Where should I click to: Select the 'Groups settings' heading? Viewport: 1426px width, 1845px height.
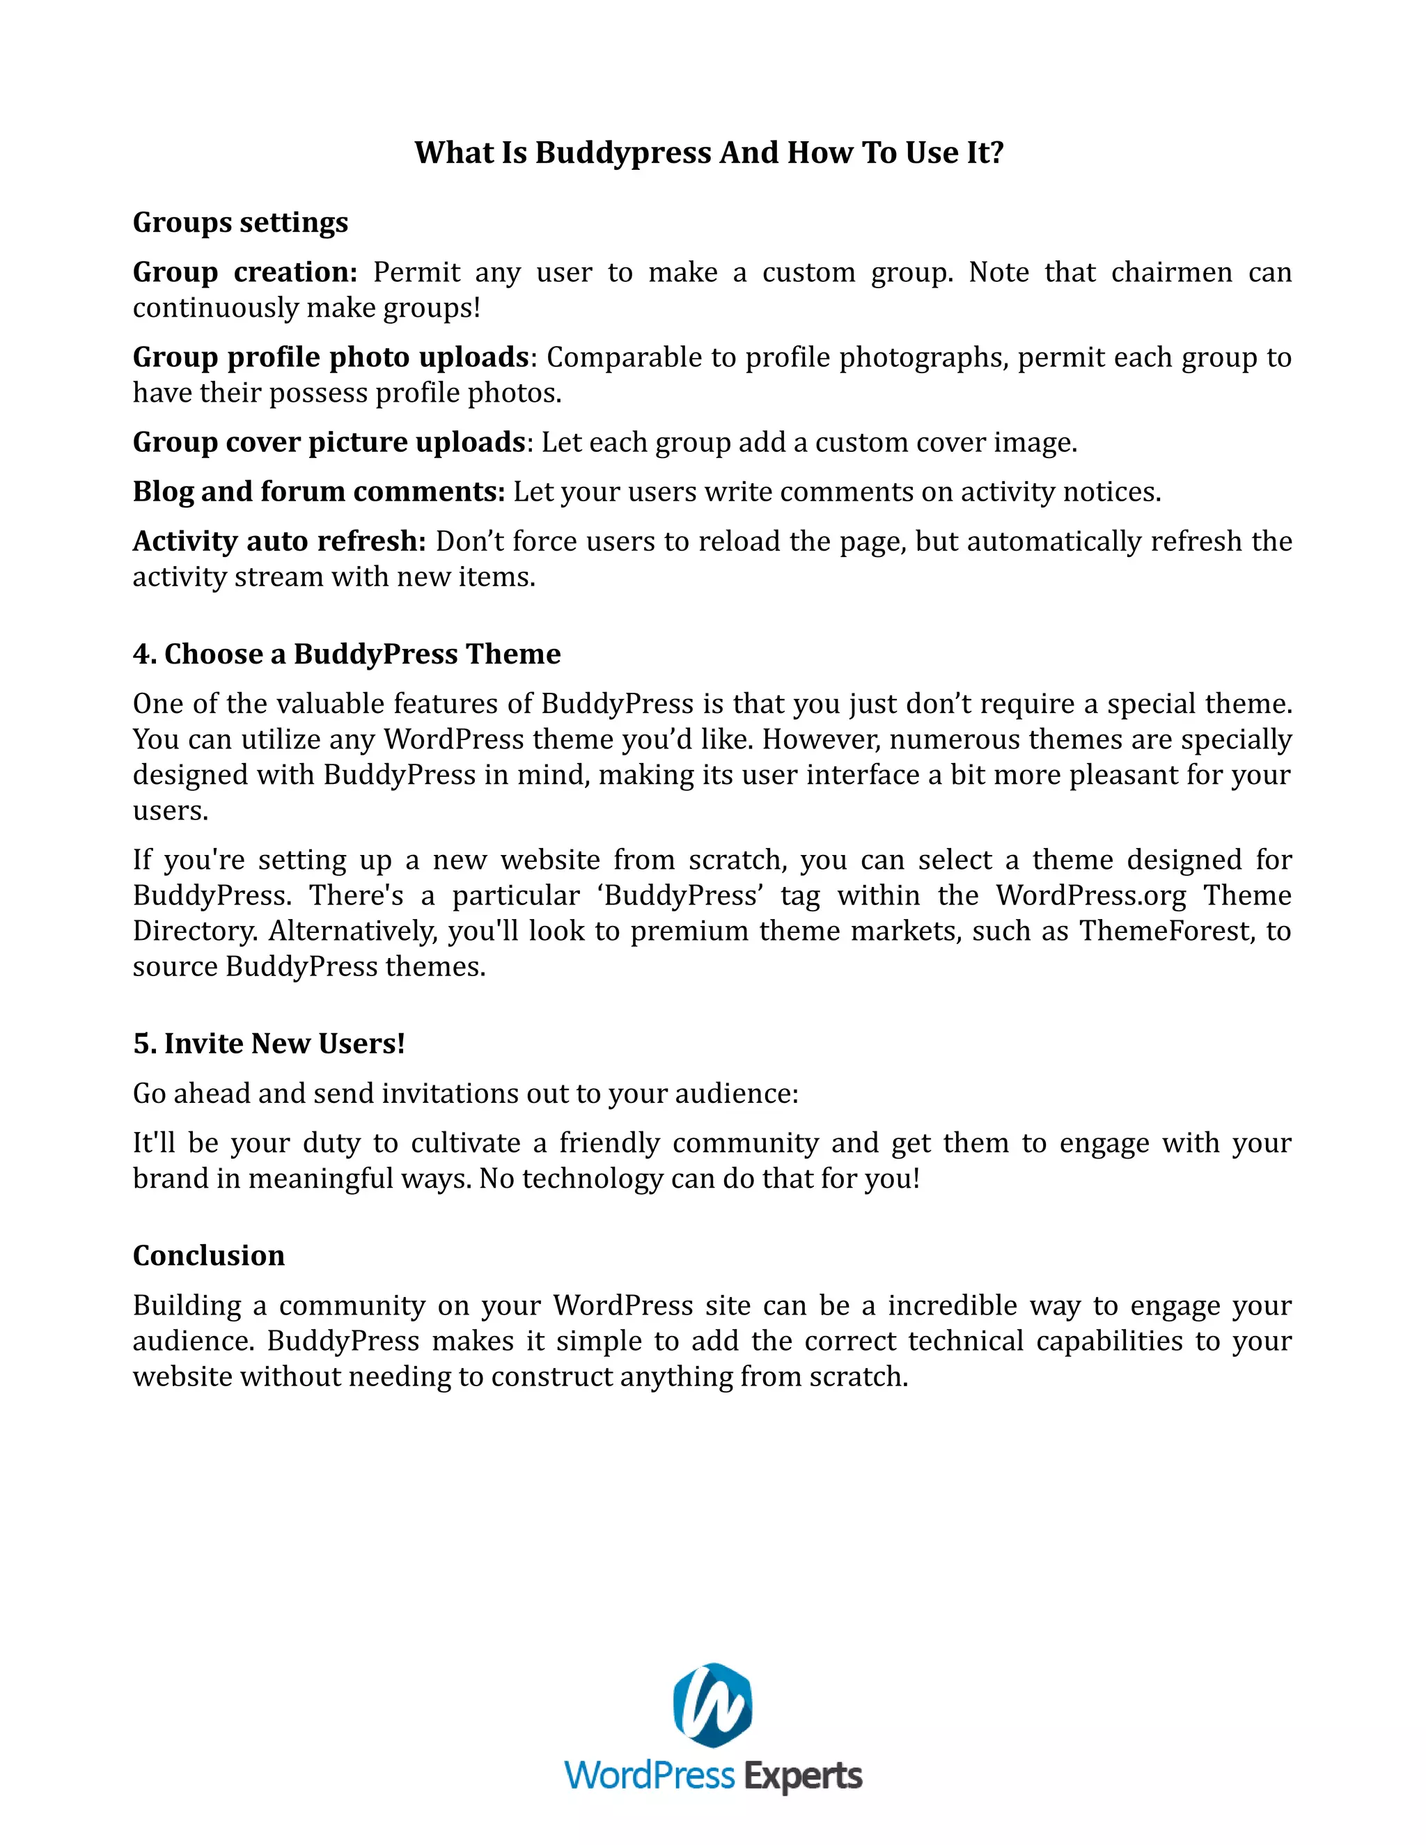point(240,222)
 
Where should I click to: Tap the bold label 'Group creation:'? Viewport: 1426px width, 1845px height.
point(245,272)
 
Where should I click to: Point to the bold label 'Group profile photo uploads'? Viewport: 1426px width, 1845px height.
point(330,357)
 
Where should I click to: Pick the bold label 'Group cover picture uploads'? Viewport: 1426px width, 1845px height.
point(329,442)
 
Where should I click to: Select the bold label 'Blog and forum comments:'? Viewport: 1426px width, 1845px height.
point(318,492)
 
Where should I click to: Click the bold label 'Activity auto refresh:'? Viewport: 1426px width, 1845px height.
point(279,542)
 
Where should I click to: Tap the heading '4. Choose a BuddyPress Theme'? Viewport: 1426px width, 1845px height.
point(346,654)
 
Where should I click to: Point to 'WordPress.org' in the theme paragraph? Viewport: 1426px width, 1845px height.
point(1090,895)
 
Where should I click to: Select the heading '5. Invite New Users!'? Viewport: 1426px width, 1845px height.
point(269,1044)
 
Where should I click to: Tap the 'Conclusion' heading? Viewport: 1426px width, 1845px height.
point(209,1256)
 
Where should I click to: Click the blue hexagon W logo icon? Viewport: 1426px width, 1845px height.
point(712,1706)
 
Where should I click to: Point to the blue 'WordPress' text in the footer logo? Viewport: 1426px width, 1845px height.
point(650,1776)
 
